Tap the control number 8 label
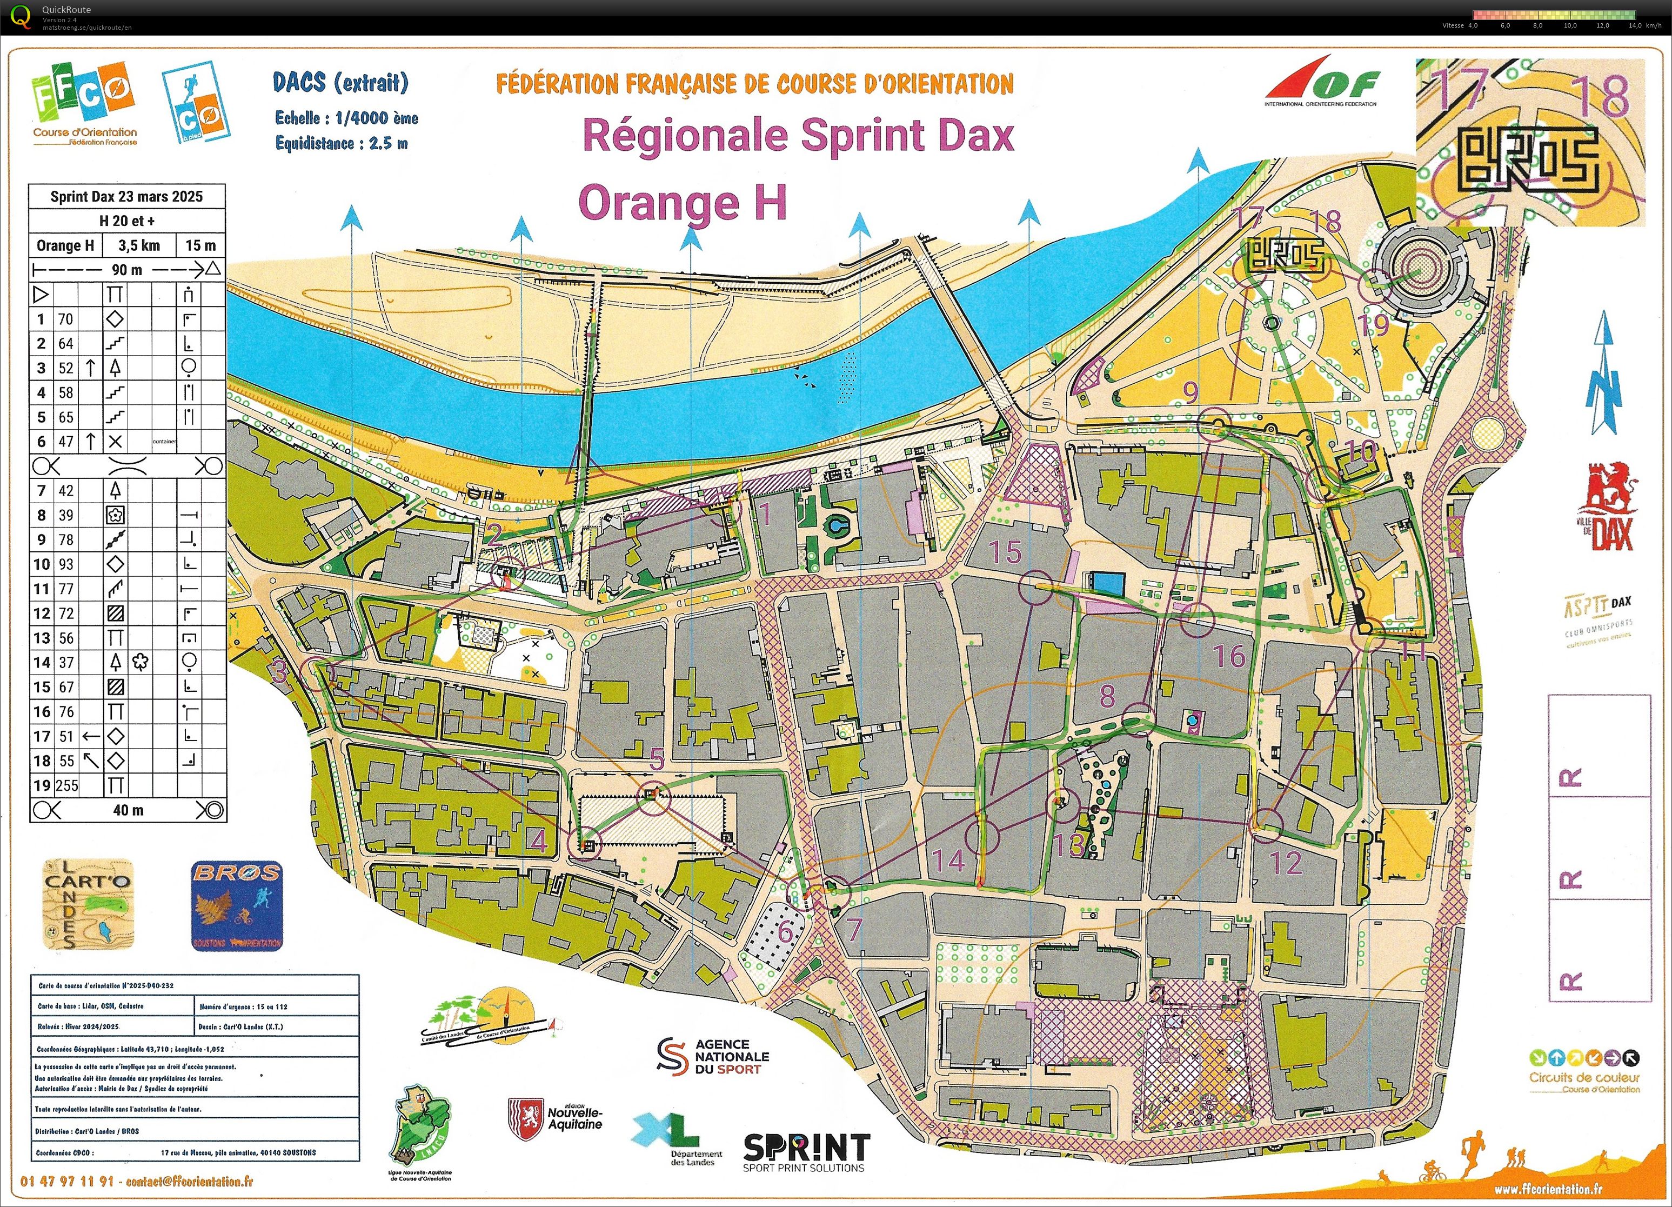pyautogui.click(x=1107, y=695)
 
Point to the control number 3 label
pyautogui.click(x=279, y=672)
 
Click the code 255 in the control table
pyautogui.click(x=66, y=785)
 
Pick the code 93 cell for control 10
pyautogui.click(x=66, y=564)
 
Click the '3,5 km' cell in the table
pyautogui.click(x=139, y=245)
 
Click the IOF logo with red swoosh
pyautogui.click(x=1321, y=81)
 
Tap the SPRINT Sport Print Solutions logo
pyautogui.click(x=806, y=1152)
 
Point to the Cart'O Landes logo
pyautogui.click(x=88, y=904)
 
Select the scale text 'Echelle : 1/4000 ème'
pyautogui.click(x=346, y=118)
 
